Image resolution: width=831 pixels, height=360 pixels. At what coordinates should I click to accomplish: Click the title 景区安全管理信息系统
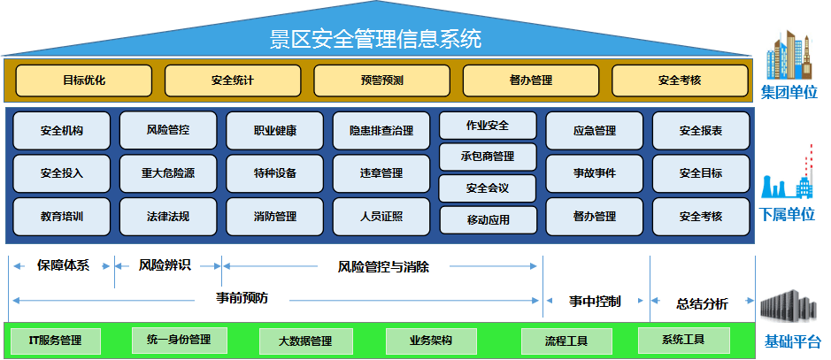tap(375, 39)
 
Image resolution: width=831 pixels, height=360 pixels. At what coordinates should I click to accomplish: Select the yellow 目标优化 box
tap(84, 80)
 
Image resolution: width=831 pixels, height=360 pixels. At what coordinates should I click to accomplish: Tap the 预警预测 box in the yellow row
tap(381, 80)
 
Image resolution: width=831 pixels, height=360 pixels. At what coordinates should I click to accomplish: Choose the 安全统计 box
tap(233, 80)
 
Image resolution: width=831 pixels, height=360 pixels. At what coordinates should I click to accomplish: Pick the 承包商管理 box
tap(488, 157)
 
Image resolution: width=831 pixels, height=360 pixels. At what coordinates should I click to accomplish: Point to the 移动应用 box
tap(488, 219)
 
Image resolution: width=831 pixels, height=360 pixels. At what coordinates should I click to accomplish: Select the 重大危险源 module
tap(168, 173)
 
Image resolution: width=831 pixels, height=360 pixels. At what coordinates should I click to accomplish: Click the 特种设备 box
tap(274, 173)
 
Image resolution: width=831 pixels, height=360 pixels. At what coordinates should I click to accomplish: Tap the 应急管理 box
tap(594, 131)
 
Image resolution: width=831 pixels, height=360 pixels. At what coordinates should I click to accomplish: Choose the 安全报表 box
tap(701, 131)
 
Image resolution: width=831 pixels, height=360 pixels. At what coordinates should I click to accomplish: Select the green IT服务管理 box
tap(55, 341)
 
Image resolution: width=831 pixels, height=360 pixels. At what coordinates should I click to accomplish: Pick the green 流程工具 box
tap(566, 341)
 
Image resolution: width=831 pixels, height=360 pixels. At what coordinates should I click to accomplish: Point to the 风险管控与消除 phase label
tap(383, 265)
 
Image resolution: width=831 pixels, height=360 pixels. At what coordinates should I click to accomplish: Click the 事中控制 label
tap(594, 302)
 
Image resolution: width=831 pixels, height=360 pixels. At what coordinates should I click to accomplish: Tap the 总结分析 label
tap(702, 303)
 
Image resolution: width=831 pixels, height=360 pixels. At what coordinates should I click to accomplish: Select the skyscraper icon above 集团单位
tap(788, 57)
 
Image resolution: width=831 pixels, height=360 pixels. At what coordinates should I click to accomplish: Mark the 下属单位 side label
tap(788, 215)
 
